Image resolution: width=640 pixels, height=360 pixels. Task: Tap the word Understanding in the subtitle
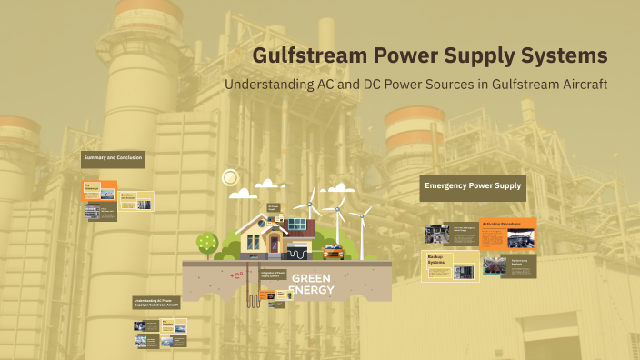pyautogui.click(x=278, y=85)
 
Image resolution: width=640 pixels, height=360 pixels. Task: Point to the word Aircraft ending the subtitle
pyautogui.click(x=578, y=85)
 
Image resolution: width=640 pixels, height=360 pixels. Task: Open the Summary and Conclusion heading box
pyautogui.click(x=113, y=159)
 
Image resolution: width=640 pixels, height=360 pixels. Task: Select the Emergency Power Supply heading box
pyautogui.click(x=473, y=187)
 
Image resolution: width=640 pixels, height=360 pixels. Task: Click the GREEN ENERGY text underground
pyautogui.click(x=311, y=284)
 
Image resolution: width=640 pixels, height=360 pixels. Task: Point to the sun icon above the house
pyautogui.click(x=230, y=177)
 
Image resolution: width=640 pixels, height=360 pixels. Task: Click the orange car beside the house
pyautogui.click(x=333, y=252)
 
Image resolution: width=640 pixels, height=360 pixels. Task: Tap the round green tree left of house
pyautogui.click(x=207, y=242)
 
